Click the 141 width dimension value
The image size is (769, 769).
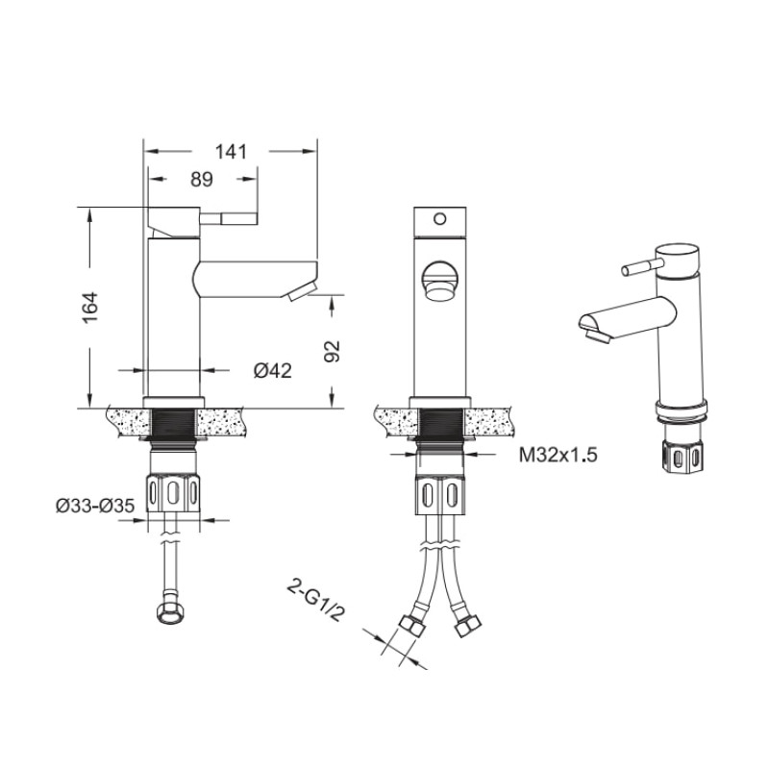231,152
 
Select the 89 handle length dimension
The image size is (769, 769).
202,180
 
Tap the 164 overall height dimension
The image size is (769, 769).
90,308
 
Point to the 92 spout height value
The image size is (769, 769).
333,351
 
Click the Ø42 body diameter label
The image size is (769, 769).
273,370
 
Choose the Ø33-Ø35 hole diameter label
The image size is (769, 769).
95,506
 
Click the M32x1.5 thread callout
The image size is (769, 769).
558,456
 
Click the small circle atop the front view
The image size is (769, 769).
440,219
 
